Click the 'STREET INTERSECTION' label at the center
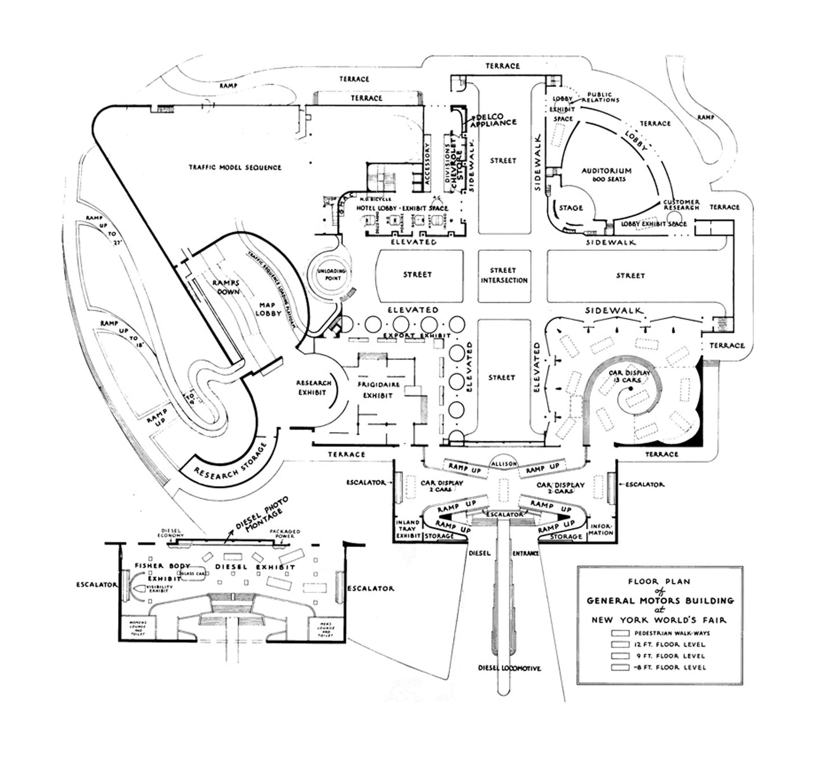pyautogui.click(x=504, y=275)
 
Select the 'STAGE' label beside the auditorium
pyautogui.click(x=571, y=208)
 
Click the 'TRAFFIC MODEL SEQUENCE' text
pyautogui.click(x=235, y=167)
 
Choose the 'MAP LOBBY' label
pyautogui.click(x=269, y=309)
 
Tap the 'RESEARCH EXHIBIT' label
pyautogui.click(x=313, y=387)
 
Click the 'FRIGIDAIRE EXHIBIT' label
pyautogui.click(x=378, y=390)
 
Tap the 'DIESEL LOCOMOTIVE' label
pyautogui.click(x=509, y=668)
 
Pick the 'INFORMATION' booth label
pyautogui.click(x=601, y=529)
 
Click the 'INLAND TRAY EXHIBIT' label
pyautogui.click(x=408, y=529)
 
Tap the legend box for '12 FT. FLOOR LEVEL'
pyautogui.click(x=620, y=644)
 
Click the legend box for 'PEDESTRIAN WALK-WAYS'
pyautogui.click(x=620, y=633)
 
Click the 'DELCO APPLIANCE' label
pyautogui.click(x=493, y=120)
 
